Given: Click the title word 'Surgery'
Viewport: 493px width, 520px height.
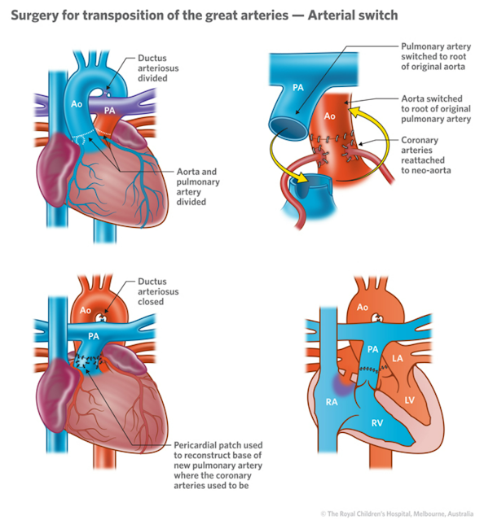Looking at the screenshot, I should (x=39, y=14).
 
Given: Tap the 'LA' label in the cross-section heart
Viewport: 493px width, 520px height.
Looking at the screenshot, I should (x=398, y=358).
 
